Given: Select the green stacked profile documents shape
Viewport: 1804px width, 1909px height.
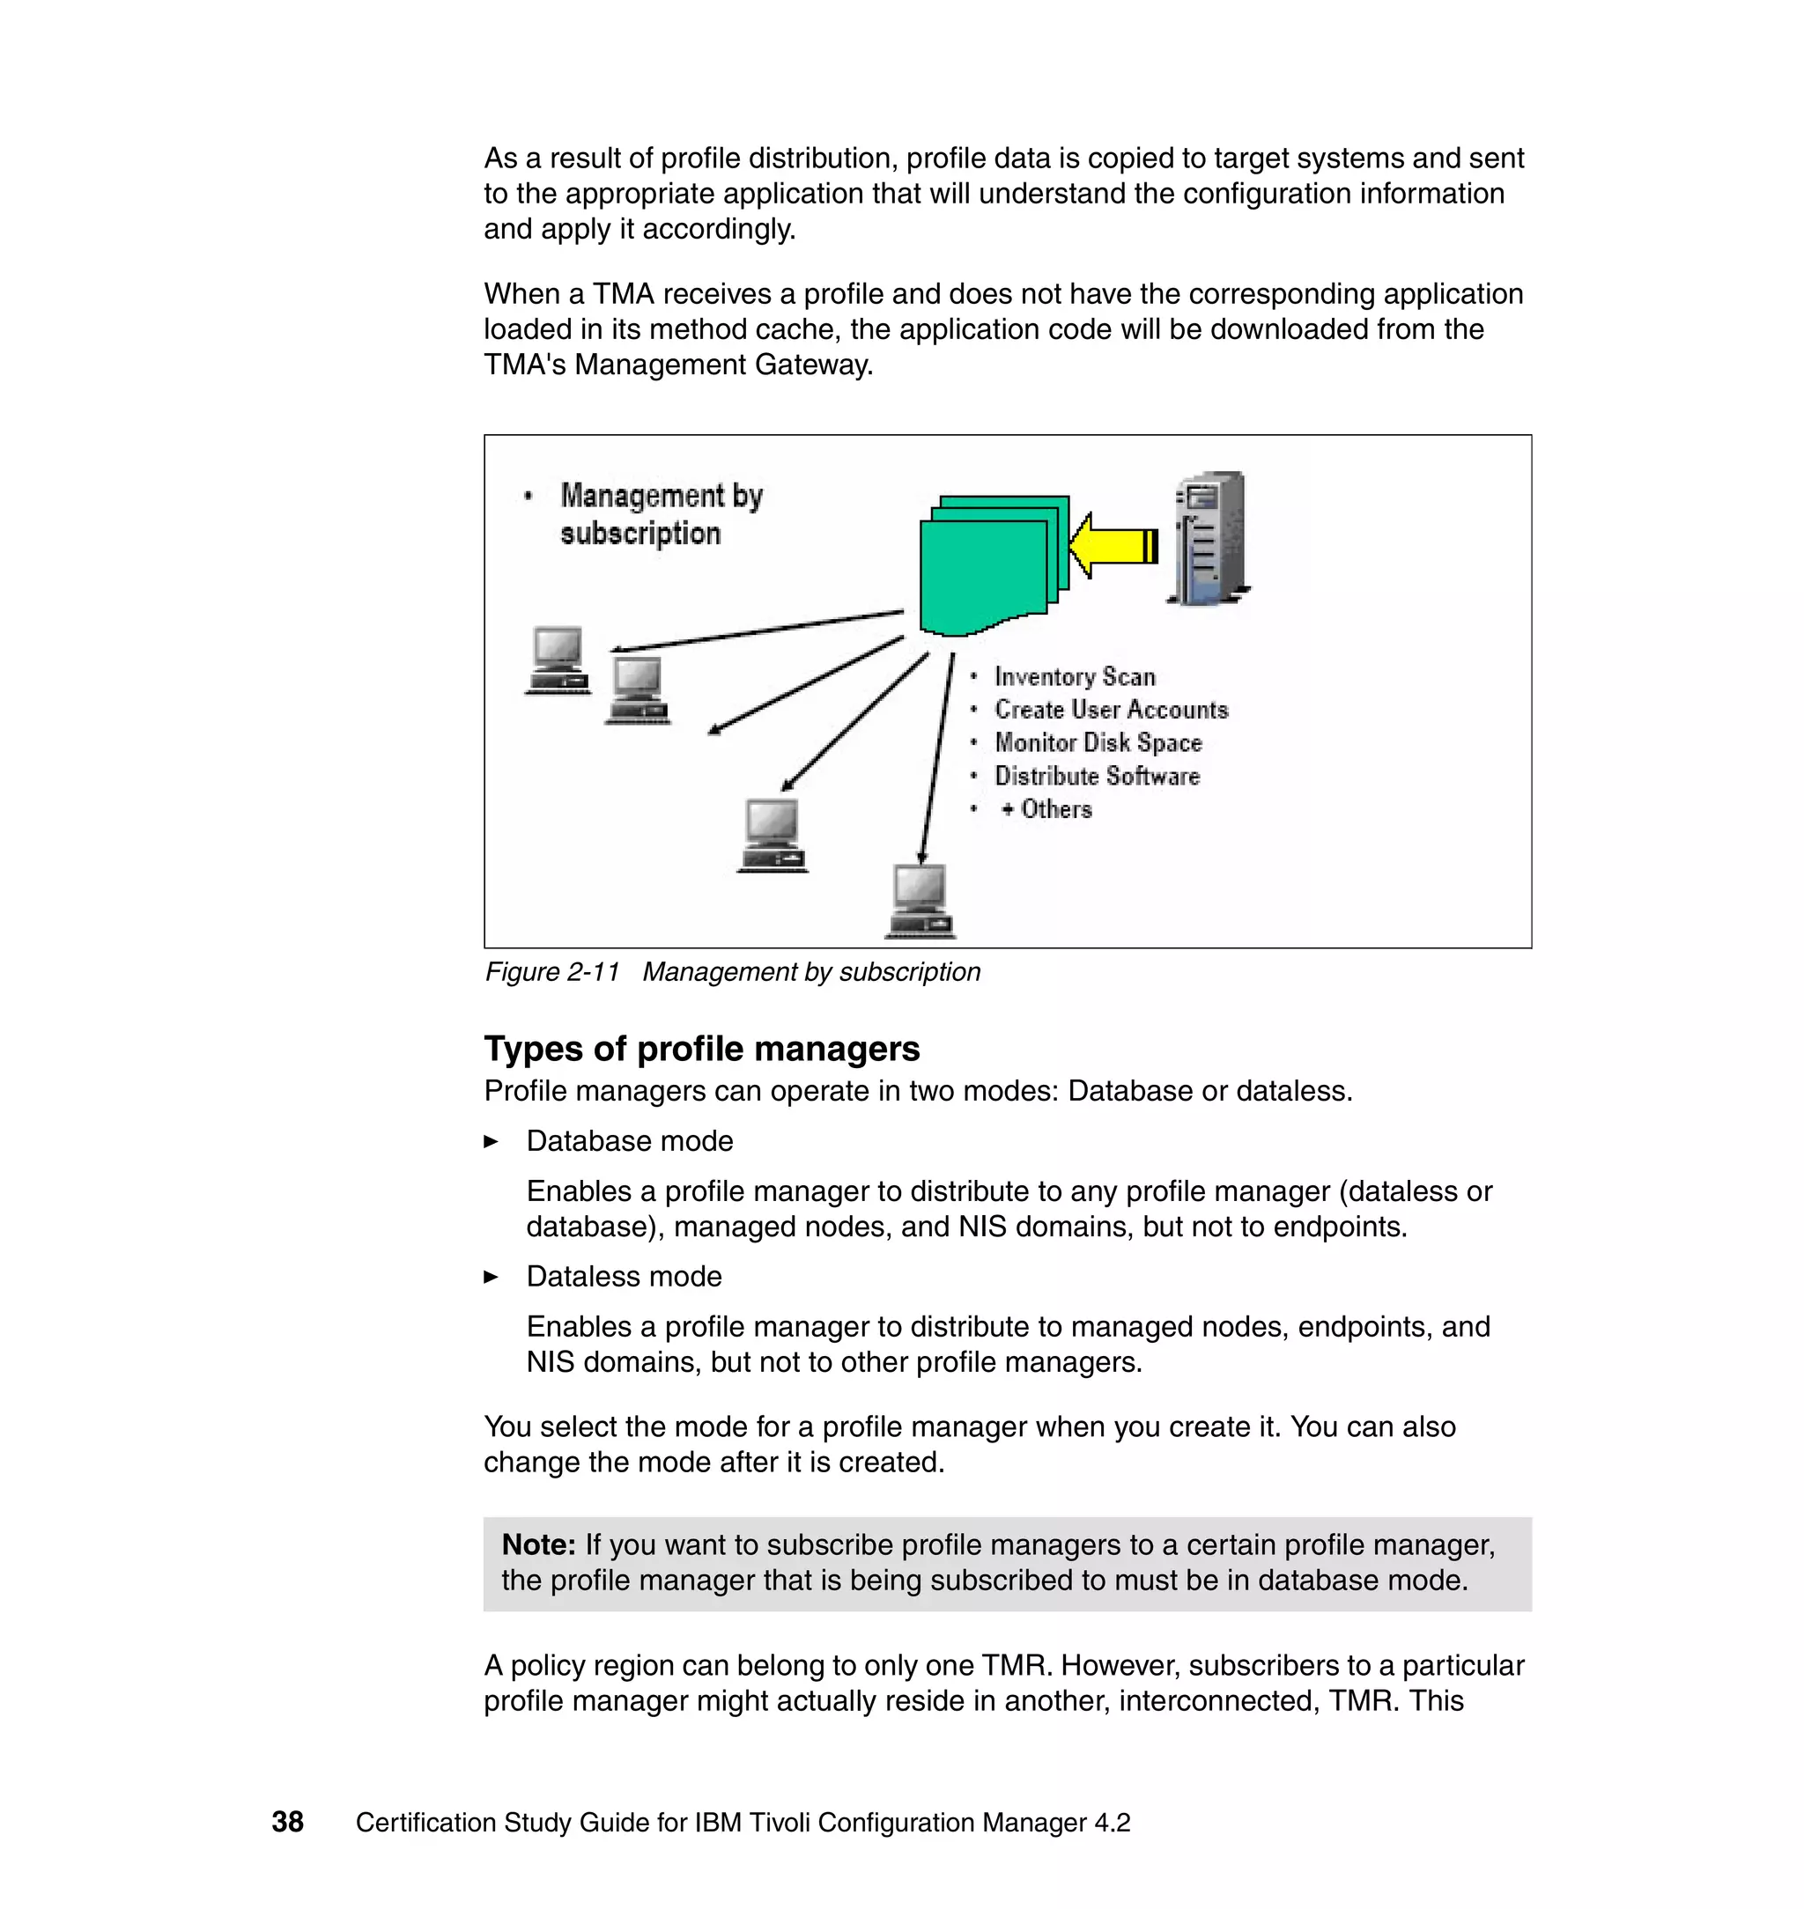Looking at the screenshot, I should pyautogui.click(x=990, y=567).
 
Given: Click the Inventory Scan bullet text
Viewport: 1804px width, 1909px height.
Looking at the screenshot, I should pyautogui.click(x=1074, y=677).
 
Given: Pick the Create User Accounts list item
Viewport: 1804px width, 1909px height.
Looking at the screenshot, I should pyautogui.click(x=1111, y=710).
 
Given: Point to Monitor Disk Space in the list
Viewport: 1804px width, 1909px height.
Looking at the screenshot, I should pyautogui.click(x=1098, y=743).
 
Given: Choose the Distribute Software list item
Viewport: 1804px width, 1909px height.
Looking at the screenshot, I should pyautogui.click(x=1097, y=776).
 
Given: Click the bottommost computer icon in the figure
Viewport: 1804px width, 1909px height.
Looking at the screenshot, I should pyautogui.click(x=920, y=901).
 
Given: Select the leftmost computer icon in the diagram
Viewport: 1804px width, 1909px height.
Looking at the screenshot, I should pyautogui.click(x=558, y=660).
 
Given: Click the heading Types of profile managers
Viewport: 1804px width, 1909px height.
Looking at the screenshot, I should pyautogui.click(x=701, y=1049).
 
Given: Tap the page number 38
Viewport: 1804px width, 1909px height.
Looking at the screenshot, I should pyautogui.click(x=287, y=1822).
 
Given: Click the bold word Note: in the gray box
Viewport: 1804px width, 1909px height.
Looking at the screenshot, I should pyautogui.click(x=538, y=1544).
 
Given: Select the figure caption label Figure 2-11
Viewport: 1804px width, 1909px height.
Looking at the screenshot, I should pyautogui.click(x=551, y=972).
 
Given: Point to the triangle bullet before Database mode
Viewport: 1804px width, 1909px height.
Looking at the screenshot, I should pyautogui.click(x=492, y=1142).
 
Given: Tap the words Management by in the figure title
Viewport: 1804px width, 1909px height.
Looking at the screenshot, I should pyautogui.click(x=662, y=496).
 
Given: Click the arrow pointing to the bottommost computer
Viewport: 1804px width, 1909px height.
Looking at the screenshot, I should pyautogui.click(x=936, y=759).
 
